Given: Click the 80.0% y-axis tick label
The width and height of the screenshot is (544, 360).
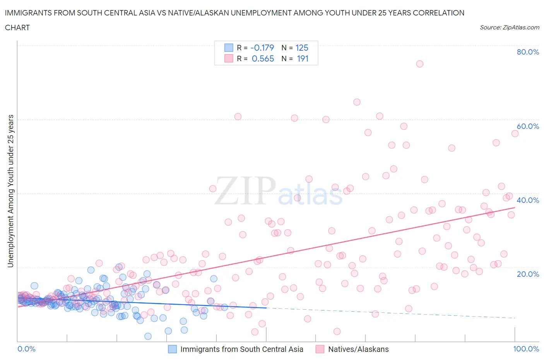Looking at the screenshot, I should [527, 52].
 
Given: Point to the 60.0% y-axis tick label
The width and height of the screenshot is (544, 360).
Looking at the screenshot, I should [527, 126].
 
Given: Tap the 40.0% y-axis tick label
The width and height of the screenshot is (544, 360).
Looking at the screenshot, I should [527, 200].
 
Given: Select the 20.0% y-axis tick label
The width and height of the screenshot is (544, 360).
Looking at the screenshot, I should [527, 274].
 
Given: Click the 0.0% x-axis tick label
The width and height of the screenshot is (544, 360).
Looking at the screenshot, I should [26, 349].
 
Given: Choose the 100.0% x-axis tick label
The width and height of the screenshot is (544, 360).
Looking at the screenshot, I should [526, 349].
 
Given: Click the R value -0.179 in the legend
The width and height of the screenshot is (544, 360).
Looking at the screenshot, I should [262, 48].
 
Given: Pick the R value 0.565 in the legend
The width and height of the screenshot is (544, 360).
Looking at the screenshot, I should [263, 58].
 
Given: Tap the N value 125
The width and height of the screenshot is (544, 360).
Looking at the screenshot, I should [302, 48].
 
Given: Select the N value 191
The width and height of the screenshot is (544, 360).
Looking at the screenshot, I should [302, 58].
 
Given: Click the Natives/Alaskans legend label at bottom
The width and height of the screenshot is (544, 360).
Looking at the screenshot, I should [358, 349].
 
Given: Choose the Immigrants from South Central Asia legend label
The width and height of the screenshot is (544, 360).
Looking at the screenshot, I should [241, 349].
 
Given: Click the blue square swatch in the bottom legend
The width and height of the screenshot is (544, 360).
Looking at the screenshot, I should [172, 349].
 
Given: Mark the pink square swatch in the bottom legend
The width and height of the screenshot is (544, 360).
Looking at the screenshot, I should [320, 349].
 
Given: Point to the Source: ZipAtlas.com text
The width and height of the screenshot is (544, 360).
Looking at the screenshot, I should [509, 27].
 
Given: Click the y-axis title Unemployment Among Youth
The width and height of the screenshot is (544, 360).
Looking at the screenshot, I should [10, 191].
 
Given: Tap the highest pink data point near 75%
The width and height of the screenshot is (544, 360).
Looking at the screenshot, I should [419, 64].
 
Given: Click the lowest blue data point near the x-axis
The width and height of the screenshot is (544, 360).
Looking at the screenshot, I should [148, 336].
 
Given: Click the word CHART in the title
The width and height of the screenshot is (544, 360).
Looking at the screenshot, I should [17, 27].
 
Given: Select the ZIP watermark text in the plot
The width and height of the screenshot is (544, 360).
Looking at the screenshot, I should [245, 190].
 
